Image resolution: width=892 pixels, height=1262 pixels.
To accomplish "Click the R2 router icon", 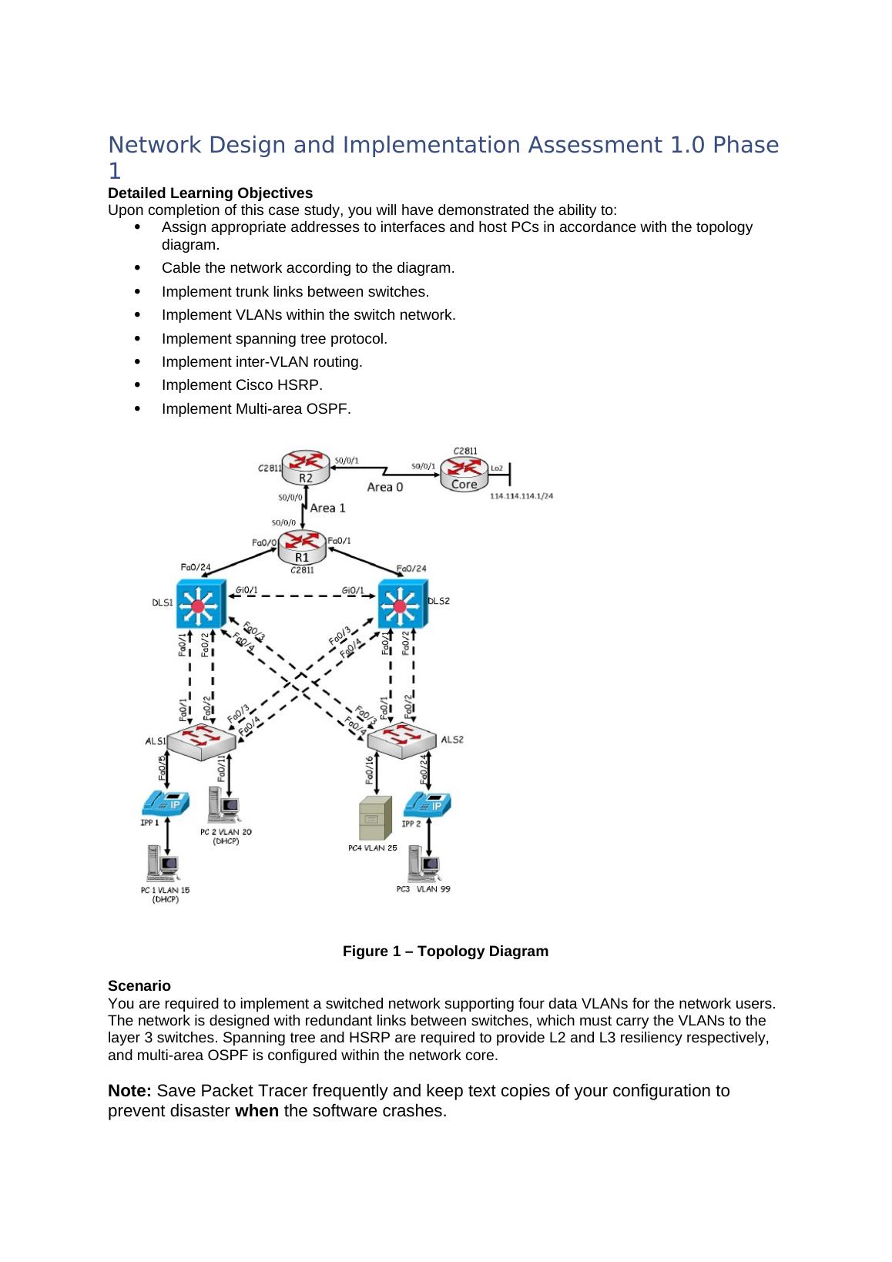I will pos(306,468).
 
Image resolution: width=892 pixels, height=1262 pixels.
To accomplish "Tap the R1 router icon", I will pos(302,548).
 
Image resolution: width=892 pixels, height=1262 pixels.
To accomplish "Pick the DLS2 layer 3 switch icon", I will pos(401,603).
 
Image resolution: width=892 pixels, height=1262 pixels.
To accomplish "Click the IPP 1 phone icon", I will pos(165,804).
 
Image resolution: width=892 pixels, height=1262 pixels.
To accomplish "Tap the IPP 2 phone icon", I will pos(427,804).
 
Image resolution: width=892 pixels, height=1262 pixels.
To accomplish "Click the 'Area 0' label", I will pos(384,487).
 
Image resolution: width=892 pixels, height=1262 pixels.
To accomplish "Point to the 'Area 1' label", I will pos(327,508).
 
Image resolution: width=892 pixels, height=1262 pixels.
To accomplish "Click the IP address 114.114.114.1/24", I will pos(521,497).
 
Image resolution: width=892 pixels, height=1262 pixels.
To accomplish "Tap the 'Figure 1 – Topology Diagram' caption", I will pos(445,952).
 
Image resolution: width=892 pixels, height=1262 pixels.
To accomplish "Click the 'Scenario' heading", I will pos(139,986).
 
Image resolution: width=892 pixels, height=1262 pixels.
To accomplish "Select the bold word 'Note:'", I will pos(131,1091).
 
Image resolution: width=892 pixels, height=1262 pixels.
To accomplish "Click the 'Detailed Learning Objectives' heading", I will pos(210,193).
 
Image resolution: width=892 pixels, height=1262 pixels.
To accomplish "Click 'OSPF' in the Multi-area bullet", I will pos(330,408).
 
